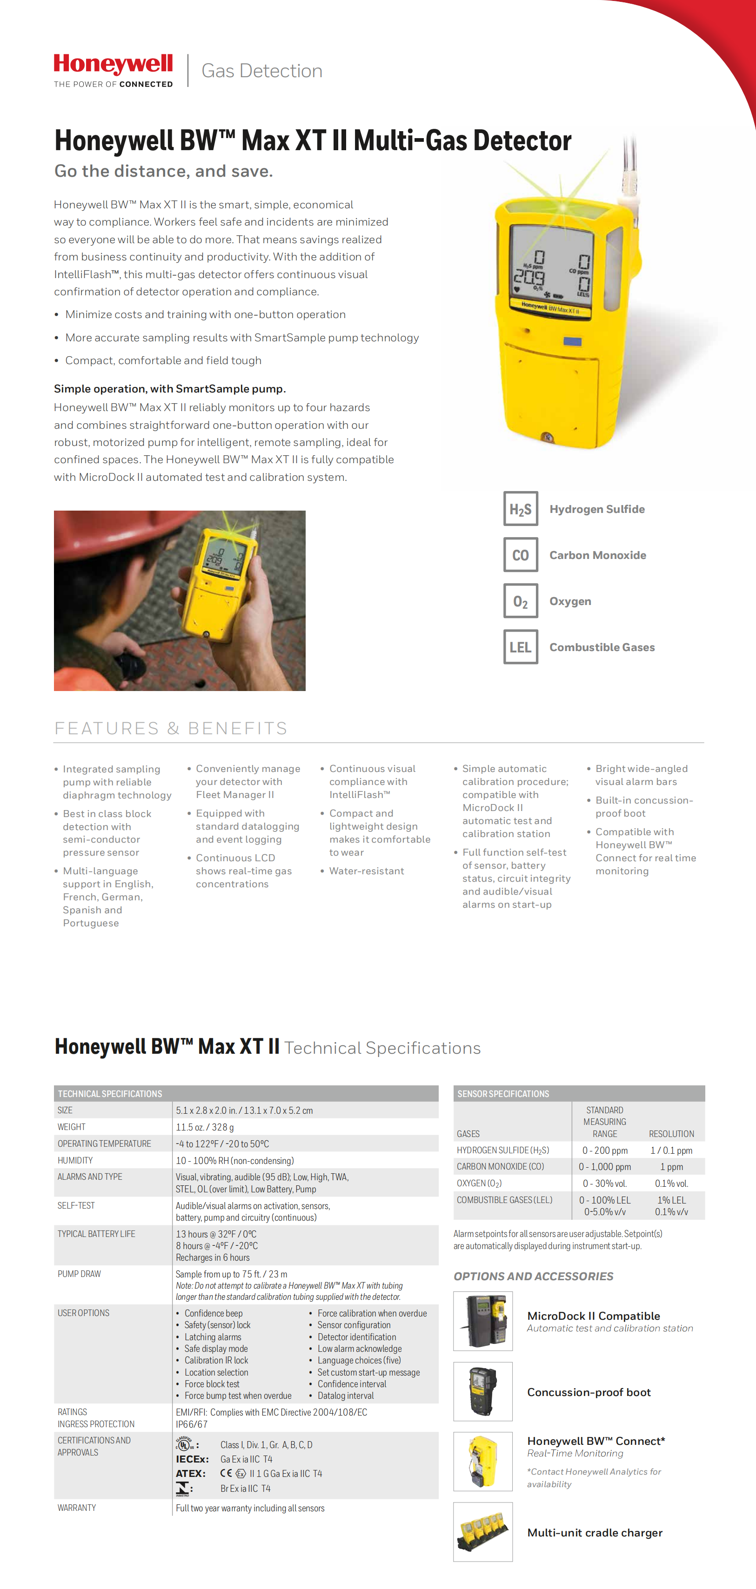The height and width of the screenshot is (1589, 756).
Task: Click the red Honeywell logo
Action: [x=113, y=65]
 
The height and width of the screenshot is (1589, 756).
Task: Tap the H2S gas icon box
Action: [x=520, y=509]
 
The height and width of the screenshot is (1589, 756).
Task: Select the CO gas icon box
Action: [x=520, y=555]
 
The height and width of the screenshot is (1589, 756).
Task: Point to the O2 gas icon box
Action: [x=520, y=601]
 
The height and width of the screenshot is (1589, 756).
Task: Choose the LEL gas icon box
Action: [x=520, y=647]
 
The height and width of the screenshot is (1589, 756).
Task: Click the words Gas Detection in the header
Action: [x=261, y=71]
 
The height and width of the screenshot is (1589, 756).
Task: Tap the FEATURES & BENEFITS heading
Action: [x=171, y=729]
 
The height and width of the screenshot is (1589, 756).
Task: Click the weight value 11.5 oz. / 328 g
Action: [x=205, y=1127]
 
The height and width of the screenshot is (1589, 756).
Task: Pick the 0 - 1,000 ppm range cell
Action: [x=605, y=1166]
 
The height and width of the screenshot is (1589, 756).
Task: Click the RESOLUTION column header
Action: [x=671, y=1134]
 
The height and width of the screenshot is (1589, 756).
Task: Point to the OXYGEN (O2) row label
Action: [x=479, y=1183]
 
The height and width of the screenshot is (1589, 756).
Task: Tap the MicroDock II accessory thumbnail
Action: [x=482, y=1321]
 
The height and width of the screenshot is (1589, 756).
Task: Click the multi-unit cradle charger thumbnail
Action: [x=482, y=1532]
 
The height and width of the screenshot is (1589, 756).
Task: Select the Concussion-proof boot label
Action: [x=589, y=1392]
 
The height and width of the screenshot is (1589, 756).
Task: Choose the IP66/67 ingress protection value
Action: [x=192, y=1424]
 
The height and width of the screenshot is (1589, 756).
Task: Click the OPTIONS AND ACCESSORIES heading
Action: [x=533, y=1276]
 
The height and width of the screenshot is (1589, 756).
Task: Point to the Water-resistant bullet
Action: [x=367, y=871]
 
